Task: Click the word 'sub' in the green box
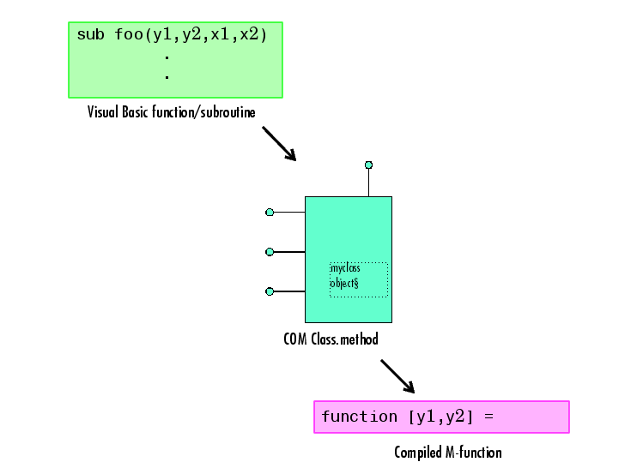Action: [91, 34]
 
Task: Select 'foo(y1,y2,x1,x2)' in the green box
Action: [191, 35]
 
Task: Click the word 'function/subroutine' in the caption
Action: [203, 112]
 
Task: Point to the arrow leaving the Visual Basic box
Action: [279, 143]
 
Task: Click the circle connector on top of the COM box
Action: [368, 165]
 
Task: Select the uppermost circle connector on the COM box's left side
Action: [270, 212]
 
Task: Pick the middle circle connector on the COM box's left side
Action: [270, 252]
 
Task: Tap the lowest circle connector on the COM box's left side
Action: [270, 291]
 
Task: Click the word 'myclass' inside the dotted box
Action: [345, 268]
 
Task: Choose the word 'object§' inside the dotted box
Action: [344, 283]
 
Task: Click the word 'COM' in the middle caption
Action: [295, 339]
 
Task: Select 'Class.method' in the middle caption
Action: [344, 339]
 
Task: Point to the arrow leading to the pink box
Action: [397, 376]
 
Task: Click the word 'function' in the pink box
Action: [360, 417]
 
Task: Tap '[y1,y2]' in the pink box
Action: [440, 417]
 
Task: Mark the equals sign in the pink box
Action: [488, 417]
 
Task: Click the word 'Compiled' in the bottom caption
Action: [418, 453]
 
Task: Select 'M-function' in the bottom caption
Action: [474, 453]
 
